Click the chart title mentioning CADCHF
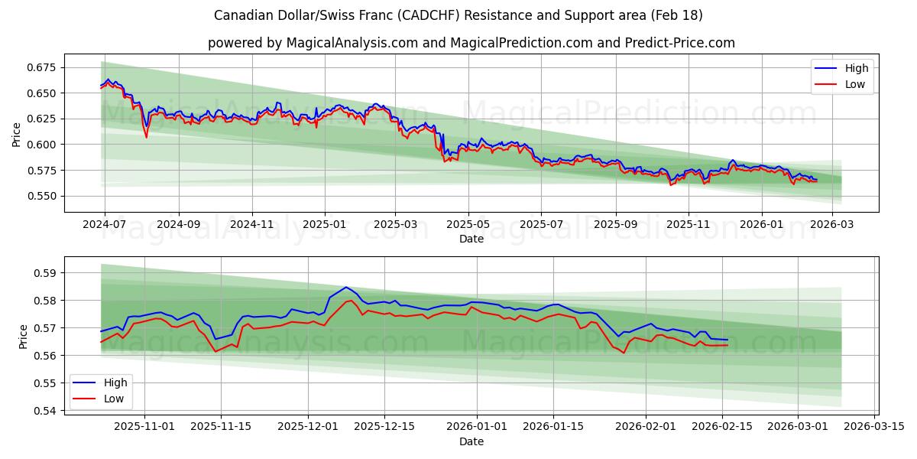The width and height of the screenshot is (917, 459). coord(458,15)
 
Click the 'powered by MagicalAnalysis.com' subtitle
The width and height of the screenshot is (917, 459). coord(471,43)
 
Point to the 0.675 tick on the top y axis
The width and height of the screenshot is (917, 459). coord(42,67)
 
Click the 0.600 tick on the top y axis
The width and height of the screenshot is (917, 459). coord(42,145)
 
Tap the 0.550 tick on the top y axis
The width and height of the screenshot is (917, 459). coord(42,196)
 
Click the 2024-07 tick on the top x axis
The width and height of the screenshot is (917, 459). coord(104,225)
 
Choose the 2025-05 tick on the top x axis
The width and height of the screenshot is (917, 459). coord(468,225)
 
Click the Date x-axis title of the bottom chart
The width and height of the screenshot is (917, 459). coord(471,441)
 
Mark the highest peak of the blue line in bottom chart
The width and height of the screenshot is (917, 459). coord(346,288)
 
